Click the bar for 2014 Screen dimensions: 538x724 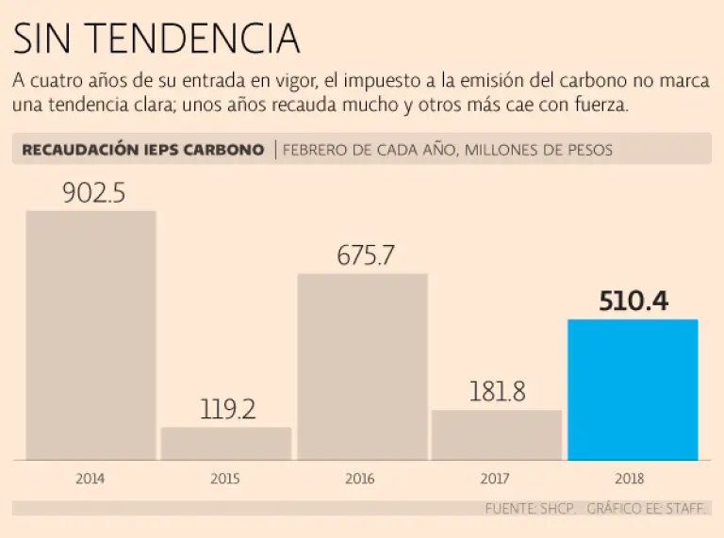[90, 334]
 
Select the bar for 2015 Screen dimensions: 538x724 [225, 443]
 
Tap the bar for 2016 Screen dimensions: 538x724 [362, 367]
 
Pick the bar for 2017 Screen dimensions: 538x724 [497, 434]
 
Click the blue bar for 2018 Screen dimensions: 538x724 [633, 389]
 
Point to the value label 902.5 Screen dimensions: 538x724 [93, 193]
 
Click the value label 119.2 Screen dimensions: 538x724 [228, 410]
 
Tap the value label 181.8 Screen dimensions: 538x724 [497, 392]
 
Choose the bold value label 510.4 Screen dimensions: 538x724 [633, 302]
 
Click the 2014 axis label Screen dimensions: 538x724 [90, 479]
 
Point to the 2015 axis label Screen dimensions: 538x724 [225, 479]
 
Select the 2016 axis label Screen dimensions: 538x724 [361, 479]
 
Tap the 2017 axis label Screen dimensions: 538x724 [497, 479]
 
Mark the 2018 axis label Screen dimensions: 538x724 [633, 479]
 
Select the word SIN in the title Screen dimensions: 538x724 [47, 39]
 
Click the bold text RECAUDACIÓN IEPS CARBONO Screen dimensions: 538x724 [142, 150]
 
